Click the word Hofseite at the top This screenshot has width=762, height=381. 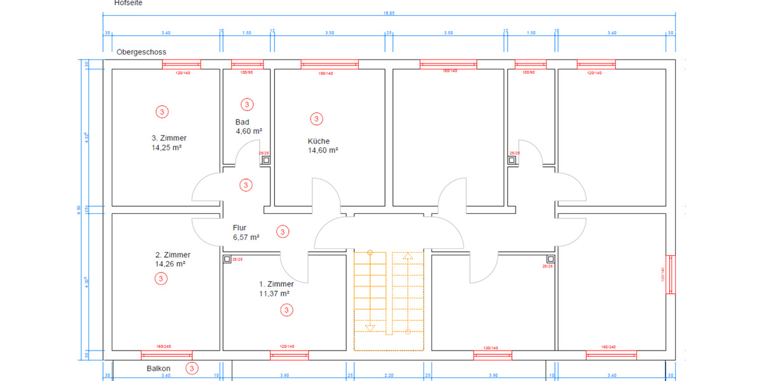click(128, 3)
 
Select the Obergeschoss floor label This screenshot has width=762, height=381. click(141, 51)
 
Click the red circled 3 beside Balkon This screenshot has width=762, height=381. click(192, 368)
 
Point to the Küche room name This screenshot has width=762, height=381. click(319, 141)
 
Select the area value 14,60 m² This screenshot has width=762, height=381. click(323, 150)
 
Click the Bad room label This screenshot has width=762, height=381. click(242, 122)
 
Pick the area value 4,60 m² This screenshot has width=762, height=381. click(248, 131)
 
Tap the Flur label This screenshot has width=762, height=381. click(239, 227)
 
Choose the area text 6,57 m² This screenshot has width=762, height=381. click(246, 237)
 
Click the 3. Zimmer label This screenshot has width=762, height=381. click(169, 138)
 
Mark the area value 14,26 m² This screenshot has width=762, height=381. click(170, 264)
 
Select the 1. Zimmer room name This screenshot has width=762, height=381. click(276, 284)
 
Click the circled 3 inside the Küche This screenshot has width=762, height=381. click(316, 119)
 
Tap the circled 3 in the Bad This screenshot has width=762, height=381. click(247, 104)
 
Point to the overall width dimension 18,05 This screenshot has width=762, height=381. click(389, 13)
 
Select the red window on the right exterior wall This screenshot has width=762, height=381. click(669, 274)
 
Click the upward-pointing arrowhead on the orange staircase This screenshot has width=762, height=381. click(407, 257)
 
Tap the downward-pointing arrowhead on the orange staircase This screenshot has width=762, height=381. click(370, 328)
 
